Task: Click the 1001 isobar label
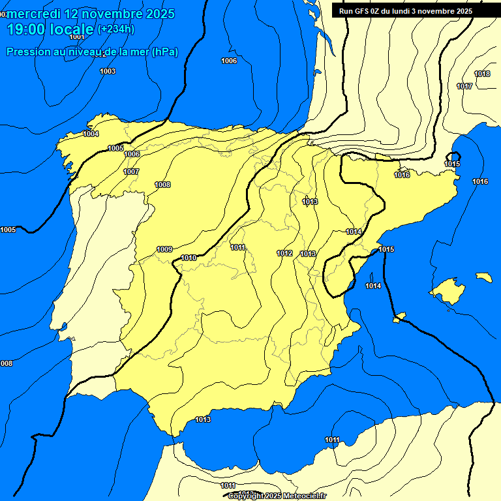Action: [x=77, y=37]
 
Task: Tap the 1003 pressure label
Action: [x=108, y=71]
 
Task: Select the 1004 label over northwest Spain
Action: [x=91, y=134]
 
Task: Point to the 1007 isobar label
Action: [x=131, y=172]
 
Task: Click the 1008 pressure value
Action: [x=162, y=185]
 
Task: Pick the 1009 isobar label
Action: [x=164, y=249]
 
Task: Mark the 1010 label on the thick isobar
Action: [x=189, y=258]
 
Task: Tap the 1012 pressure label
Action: [x=284, y=253]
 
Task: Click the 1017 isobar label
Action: [x=464, y=86]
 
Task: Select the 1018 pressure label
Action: [x=482, y=74]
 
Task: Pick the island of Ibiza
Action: [x=400, y=318]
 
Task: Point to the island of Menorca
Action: [x=483, y=277]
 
